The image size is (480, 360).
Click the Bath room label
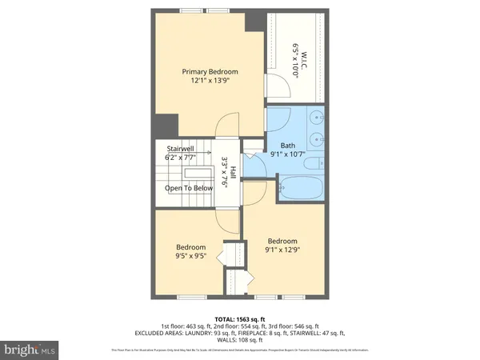point(287,145)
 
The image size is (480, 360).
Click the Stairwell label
point(180,149)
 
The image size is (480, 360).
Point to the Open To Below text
point(189,188)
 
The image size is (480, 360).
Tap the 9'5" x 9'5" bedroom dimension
point(191,258)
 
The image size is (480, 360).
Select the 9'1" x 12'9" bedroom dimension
point(282,250)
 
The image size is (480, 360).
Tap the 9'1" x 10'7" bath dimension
point(287,154)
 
